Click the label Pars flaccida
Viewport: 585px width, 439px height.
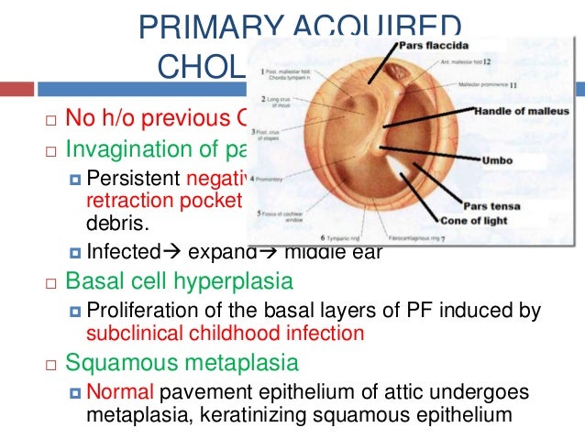point(431,44)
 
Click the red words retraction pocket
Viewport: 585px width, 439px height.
point(162,200)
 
